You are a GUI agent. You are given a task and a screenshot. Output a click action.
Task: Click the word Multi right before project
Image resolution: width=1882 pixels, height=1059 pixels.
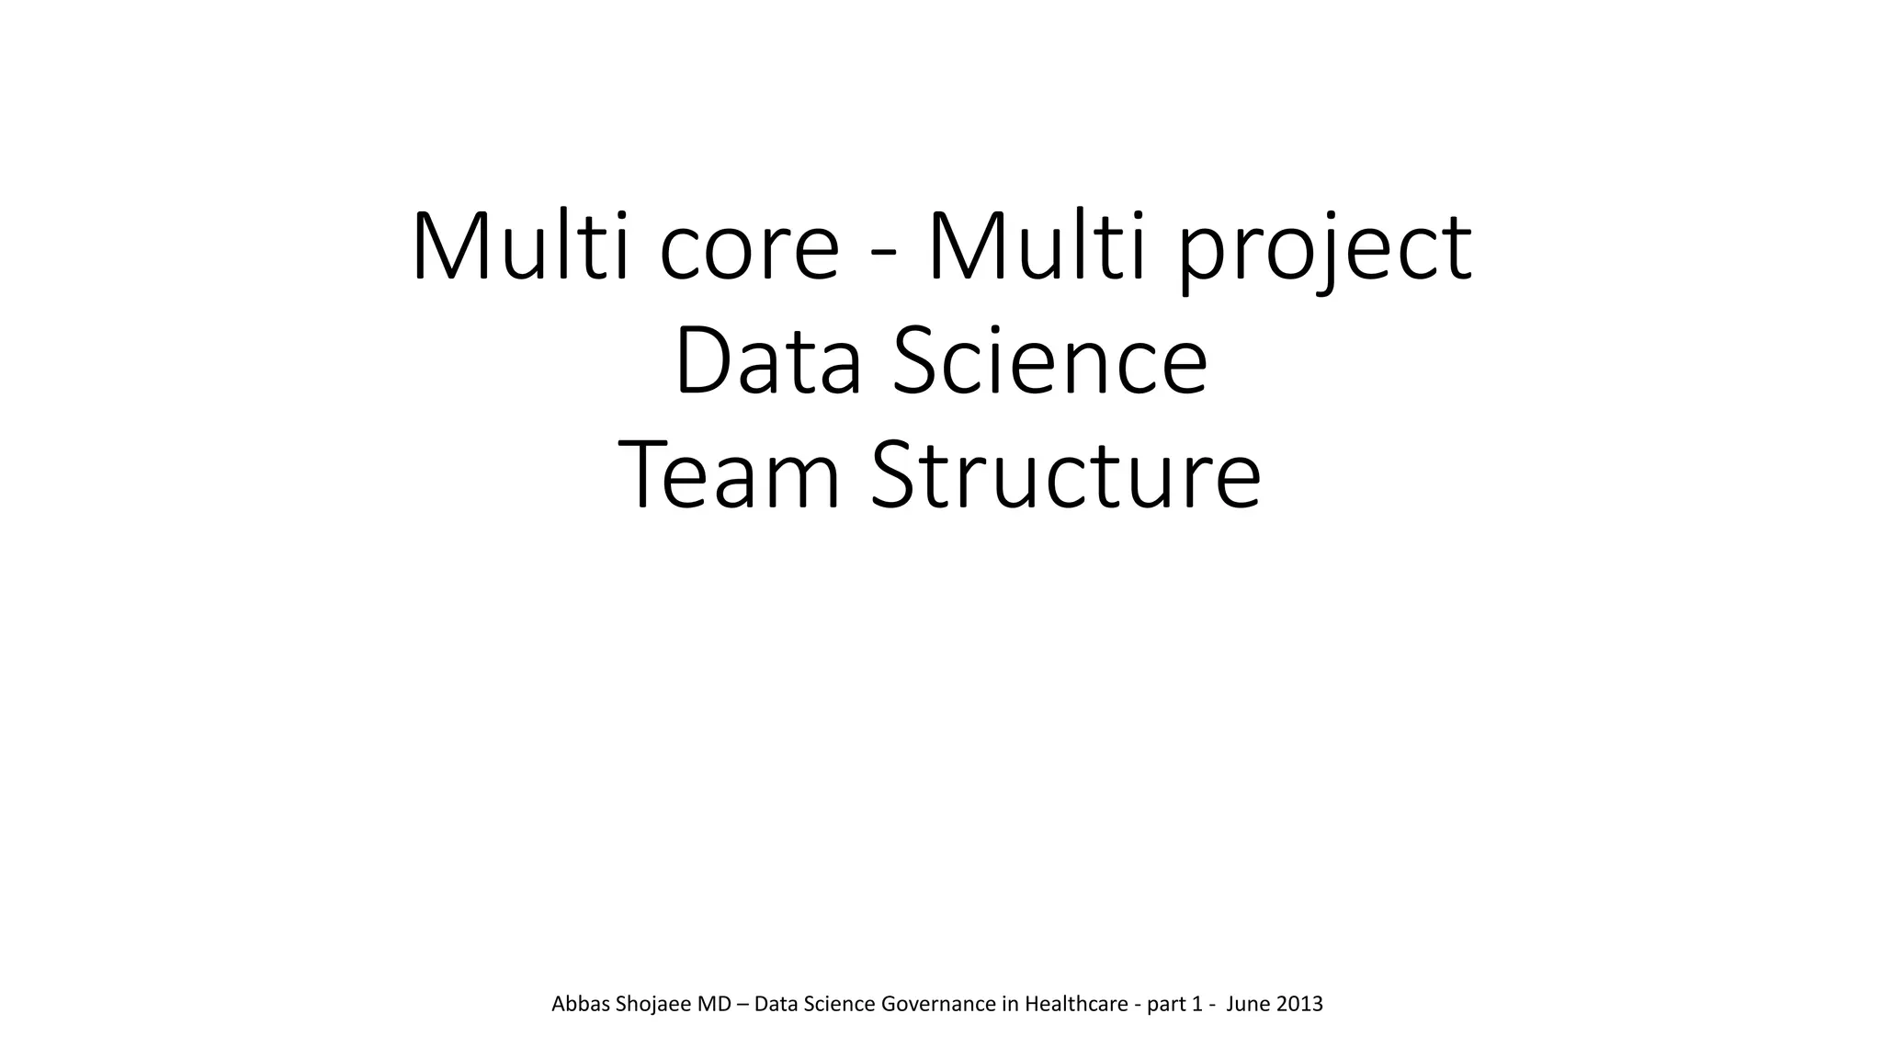pos(1037,246)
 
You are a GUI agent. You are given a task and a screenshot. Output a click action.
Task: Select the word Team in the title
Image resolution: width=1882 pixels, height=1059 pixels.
pos(729,476)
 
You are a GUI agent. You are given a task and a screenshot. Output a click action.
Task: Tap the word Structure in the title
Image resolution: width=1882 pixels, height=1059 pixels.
pos(1065,476)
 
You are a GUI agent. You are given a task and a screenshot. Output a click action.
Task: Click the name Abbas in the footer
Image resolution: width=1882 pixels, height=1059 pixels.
pos(580,1004)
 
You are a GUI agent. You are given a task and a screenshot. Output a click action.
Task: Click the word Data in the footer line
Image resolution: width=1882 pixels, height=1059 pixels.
pos(777,1004)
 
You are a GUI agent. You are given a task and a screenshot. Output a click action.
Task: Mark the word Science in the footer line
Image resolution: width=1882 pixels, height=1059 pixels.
pos(839,1004)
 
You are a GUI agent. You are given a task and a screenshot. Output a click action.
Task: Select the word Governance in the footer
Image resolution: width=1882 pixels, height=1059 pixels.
pos(937,1004)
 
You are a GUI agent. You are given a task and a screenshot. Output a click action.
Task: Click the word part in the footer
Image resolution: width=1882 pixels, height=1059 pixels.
pos(1166,1005)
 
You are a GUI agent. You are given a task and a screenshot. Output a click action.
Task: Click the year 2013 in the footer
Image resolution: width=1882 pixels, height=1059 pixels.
pos(1299,1004)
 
